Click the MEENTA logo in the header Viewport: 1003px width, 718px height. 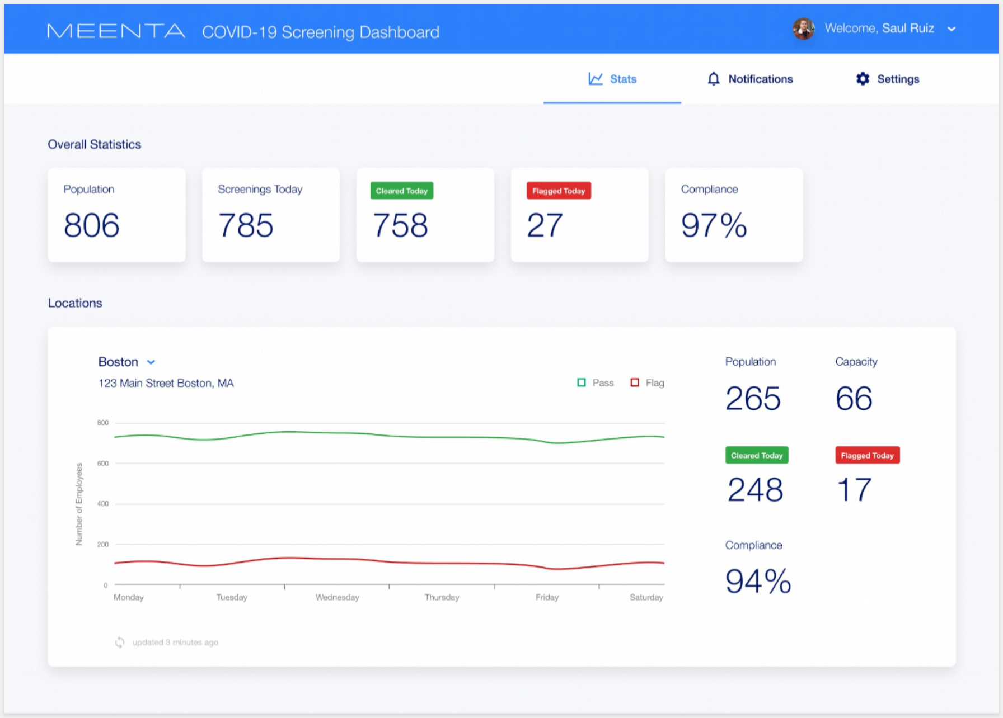[x=116, y=31]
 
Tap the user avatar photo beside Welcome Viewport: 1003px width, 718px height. [x=803, y=29]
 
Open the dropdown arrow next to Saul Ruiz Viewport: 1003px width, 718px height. [x=952, y=29]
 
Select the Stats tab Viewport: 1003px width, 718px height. [x=612, y=79]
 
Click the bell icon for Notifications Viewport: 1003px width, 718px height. [x=714, y=79]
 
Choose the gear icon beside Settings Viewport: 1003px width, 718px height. [x=863, y=79]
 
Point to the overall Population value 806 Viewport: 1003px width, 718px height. [x=92, y=225]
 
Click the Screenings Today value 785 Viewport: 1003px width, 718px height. [x=246, y=225]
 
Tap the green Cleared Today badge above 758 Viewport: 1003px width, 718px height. [x=401, y=191]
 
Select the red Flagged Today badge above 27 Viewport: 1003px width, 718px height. [x=558, y=191]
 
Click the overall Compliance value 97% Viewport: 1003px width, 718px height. [x=714, y=225]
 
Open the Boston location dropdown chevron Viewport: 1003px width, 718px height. [x=151, y=362]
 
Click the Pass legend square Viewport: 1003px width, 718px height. [x=582, y=382]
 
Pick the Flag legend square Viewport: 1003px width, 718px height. [x=635, y=382]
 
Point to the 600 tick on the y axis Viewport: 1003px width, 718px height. [x=103, y=463]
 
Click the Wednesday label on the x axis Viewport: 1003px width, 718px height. [x=337, y=597]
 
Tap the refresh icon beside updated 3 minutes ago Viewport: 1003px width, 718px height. [x=120, y=643]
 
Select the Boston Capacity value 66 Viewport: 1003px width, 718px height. [x=854, y=399]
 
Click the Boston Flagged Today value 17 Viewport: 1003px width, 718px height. [x=854, y=490]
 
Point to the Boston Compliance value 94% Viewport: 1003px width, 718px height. [x=758, y=582]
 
